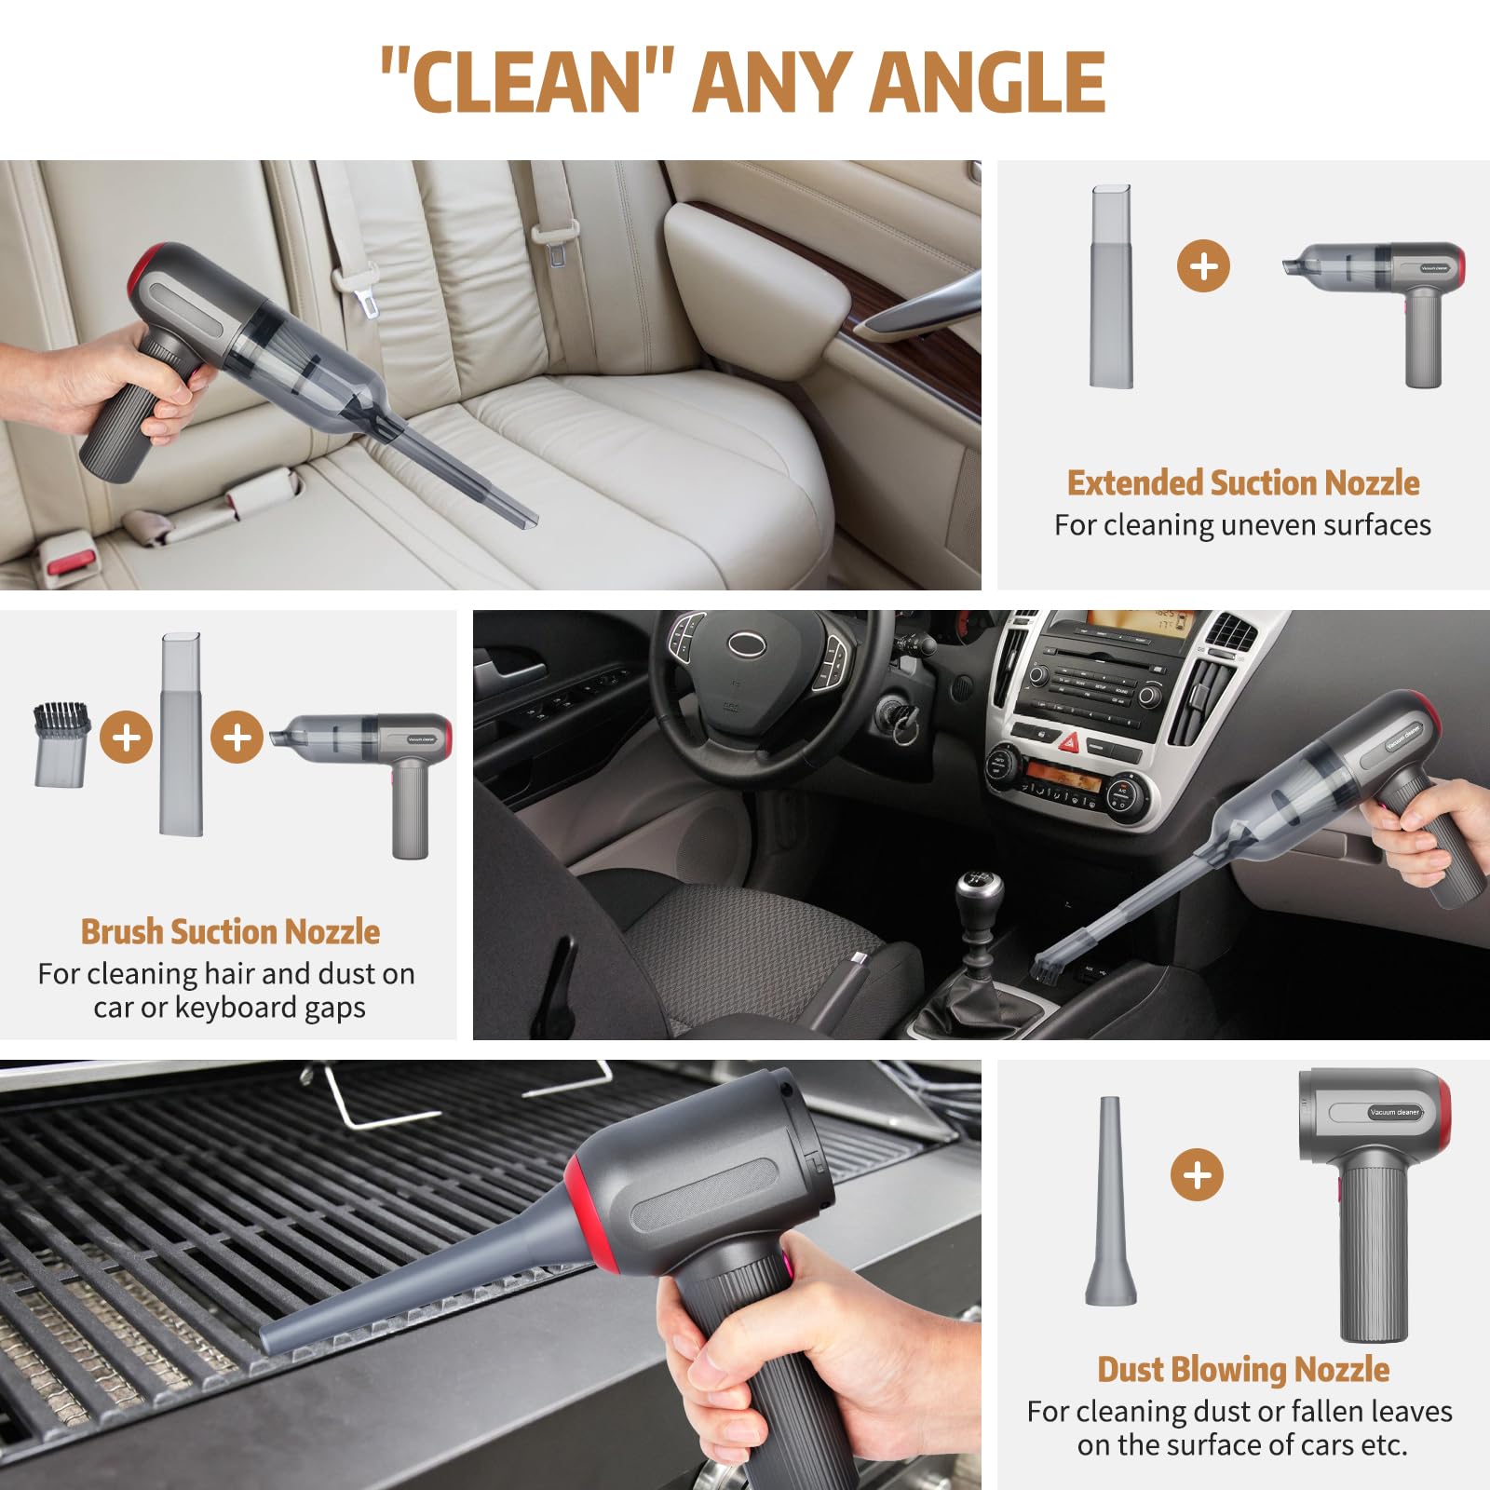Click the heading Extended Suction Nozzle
click(1243, 482)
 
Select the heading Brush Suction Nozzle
click(230, 931)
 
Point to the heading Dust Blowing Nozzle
click(1243, 1369)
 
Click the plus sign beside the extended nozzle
click(1203, 265)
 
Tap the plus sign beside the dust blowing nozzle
click(1197, 1174)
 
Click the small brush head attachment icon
click(62, 744)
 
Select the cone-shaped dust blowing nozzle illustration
click(1110, 1200)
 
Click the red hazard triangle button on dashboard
click(1070, 742)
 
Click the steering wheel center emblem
click(746, 643)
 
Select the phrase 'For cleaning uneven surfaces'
click(1242, 525)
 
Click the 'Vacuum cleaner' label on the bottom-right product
click(1394, 1112)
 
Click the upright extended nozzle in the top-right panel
click(1111, 286)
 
